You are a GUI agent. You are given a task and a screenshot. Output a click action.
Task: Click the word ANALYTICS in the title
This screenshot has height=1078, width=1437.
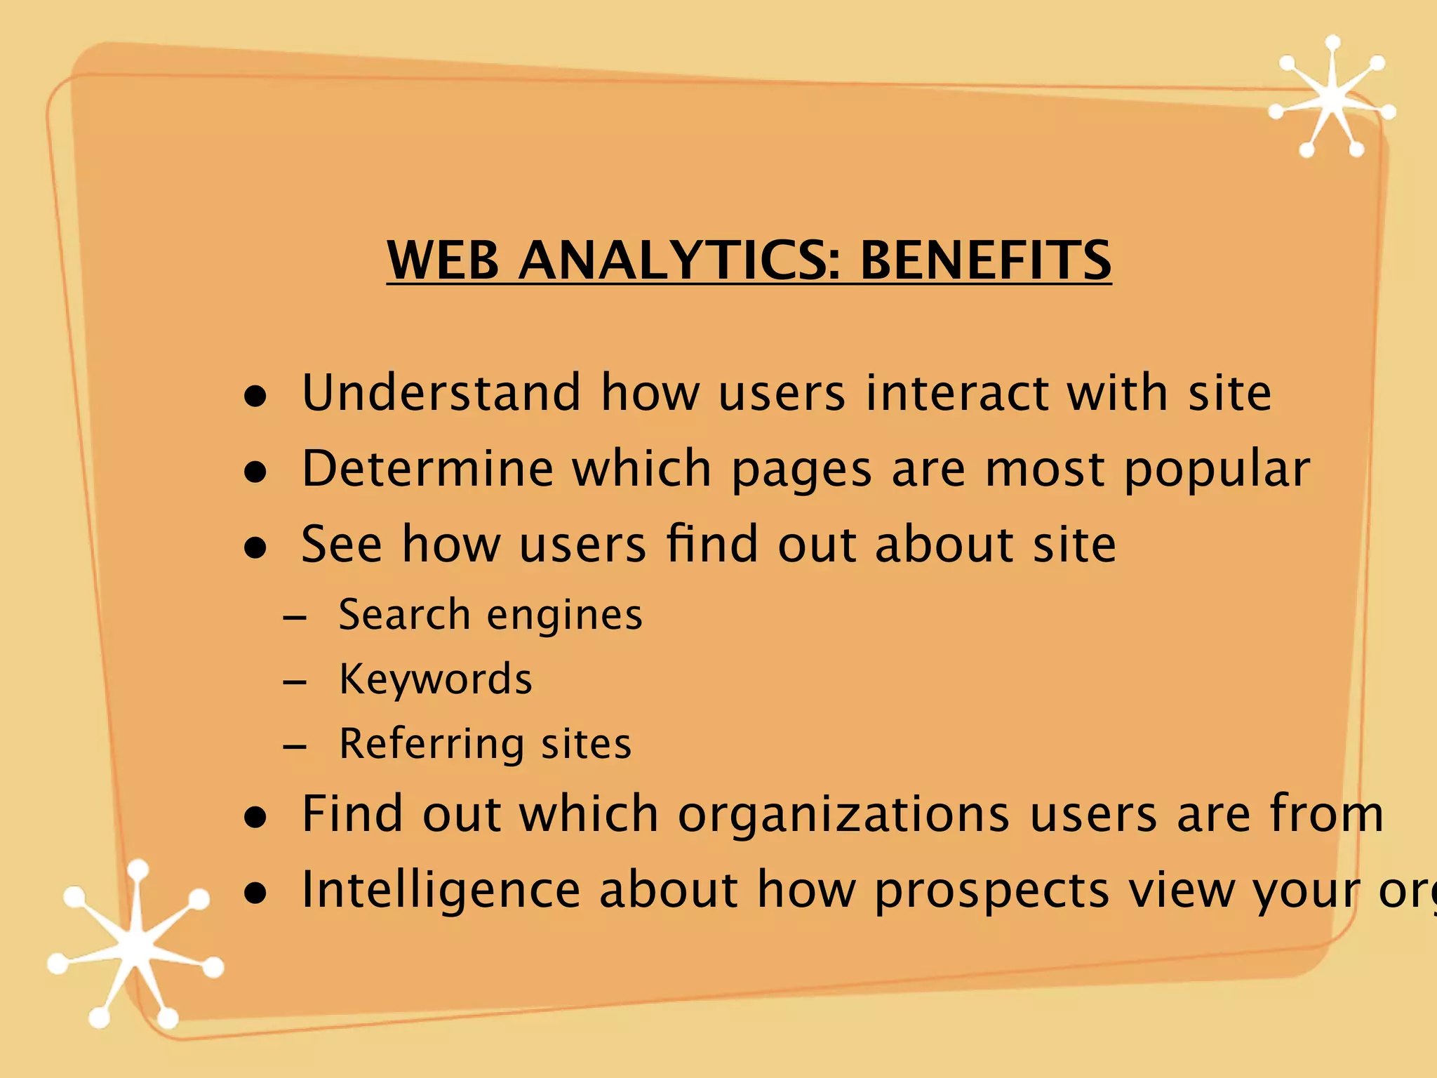pos(679,260)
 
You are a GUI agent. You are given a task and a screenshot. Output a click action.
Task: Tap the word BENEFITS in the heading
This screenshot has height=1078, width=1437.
pos(985,260)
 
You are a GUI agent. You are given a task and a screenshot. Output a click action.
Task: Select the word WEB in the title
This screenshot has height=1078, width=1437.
pos(443,260)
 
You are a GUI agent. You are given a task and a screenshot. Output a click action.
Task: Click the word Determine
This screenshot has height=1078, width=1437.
pos(427,468)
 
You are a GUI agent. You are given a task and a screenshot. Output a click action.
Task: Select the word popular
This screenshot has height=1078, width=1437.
pos(1216,470)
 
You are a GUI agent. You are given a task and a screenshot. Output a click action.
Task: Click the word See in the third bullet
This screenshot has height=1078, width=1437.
pos(342,544)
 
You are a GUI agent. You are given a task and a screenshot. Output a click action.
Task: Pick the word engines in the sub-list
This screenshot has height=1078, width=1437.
pos(565,616)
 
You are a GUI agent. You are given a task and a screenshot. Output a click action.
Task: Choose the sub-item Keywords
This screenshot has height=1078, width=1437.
pos(436,679)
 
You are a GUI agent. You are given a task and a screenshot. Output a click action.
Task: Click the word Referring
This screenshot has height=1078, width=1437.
pos(431,745)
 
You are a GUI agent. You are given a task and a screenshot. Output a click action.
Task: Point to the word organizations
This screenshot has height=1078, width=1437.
pos(844,815)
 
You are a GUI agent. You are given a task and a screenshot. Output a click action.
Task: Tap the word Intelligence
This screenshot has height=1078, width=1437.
pos(441,891)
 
